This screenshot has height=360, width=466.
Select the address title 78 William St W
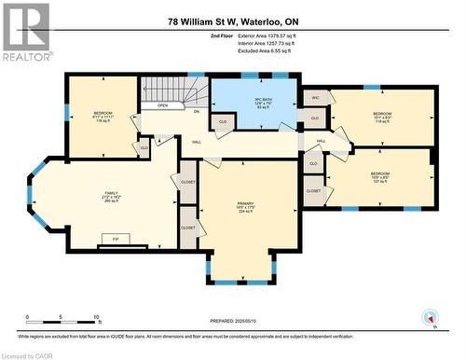[x=232, y=21]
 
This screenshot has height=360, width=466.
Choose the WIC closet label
[x=316, y=98]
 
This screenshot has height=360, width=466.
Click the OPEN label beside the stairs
[x=162, y=105]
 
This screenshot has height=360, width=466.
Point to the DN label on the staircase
[x=197, y=111]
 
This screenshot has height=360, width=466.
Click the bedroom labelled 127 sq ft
[x=380, y=177]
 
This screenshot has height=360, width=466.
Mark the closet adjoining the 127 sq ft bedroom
[x=314, y=190]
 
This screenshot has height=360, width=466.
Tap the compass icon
[x=431, y=317]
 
